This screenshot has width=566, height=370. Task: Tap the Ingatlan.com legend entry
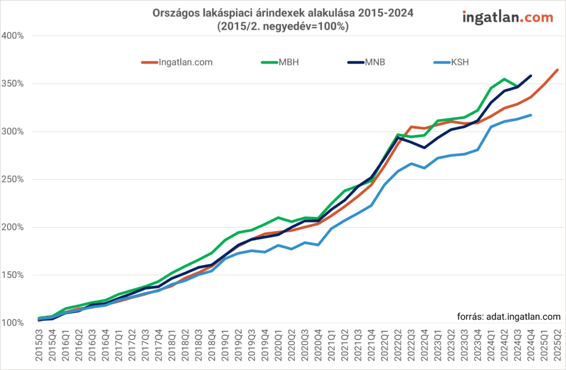(x=185, y=62)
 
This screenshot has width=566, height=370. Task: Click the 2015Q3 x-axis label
(x=39, y=347)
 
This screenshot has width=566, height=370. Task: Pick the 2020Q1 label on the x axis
(x=279, y=347)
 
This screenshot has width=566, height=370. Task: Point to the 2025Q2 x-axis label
(x=557, y=347)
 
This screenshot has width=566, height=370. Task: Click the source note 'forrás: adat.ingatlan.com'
(x=509, y=316)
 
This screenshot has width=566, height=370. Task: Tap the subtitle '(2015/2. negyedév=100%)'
(x=282, y=27)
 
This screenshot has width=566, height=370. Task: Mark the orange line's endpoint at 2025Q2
(x=557, y=70)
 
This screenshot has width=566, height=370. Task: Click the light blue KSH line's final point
(x=531, y=115)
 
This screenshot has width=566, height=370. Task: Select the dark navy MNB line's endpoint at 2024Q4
(x=531, y=76)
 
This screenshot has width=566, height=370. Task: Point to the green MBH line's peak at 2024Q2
(x=504, y=79)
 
